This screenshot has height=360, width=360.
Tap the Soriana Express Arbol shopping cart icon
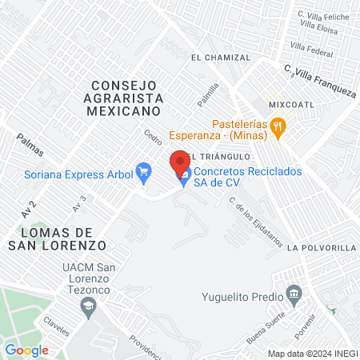tap(144, 170)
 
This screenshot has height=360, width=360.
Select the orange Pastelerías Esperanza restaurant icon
tap(278, 125)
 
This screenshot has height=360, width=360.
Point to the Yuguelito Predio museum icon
tap(294, 296)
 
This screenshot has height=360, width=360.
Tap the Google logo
tap(26, 350)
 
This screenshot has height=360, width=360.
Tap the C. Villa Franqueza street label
tap(320, 81)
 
